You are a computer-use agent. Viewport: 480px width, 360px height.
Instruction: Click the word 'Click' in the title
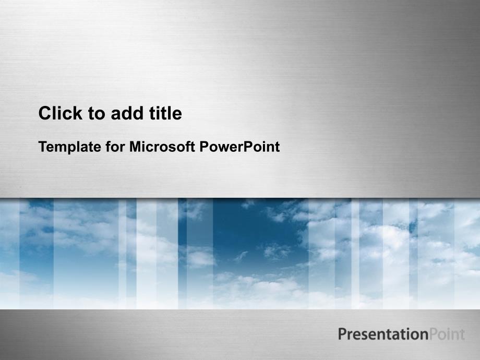(x=61, y=113)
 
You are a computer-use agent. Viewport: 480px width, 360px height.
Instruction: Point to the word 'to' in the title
(x=97, y=114)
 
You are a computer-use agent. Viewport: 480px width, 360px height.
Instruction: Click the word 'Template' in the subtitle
(x=70, y=147)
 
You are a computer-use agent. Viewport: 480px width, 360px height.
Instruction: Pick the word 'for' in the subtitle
(x=115, y=147)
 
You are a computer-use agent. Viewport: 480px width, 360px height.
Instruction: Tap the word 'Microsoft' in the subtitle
(x=162, y=147)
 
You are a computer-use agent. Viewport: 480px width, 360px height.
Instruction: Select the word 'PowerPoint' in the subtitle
(x=239, y=147)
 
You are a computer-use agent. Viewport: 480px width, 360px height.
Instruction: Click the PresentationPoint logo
(x=401, y=334)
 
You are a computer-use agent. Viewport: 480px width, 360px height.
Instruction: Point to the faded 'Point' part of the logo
(x=447, y=334)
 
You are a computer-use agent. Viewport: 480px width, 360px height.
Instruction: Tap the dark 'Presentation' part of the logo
(x=383, y=334)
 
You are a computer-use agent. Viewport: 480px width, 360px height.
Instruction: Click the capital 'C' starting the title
(x=45, y=113)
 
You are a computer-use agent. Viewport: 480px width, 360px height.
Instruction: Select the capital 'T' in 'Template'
(x=43, y=147)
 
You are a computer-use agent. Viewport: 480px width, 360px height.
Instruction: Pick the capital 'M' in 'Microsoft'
(x=135, y=147)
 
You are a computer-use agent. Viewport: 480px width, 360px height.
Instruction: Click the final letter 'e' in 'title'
(x=177, y=115)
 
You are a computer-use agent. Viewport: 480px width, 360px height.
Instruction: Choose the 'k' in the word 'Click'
(x=78, y=113)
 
